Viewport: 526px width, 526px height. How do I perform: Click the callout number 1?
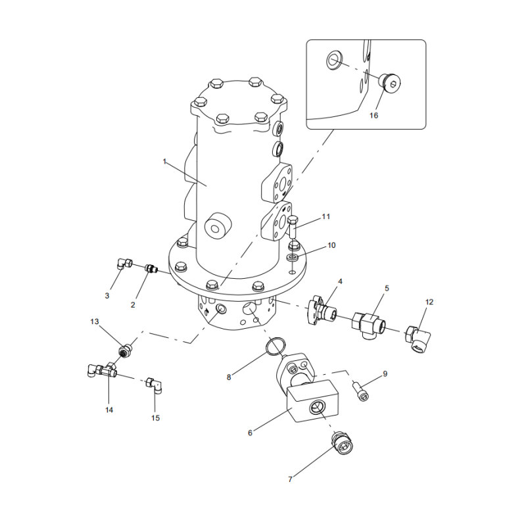coord(165,160)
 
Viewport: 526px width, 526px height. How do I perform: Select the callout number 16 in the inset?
coord(373,115)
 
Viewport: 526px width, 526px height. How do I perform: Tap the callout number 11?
coord(325,216)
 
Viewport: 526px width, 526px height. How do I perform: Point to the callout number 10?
coord(331,245)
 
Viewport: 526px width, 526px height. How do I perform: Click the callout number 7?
coord(290,479)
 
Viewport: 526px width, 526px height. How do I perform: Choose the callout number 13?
coord(94,322)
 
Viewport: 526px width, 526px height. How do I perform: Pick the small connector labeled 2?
coord(151,268)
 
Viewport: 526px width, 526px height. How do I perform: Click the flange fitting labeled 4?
coord(322,311)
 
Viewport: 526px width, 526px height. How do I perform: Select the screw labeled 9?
coord(361,392)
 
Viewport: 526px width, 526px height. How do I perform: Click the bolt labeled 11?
coord(293,227)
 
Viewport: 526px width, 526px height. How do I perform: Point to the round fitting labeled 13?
coord(124,348)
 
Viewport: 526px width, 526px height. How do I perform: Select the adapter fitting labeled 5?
coord(369,322)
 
